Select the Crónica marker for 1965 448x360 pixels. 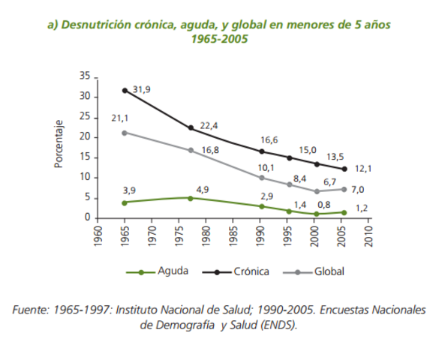pyautogui.click(x=125, y=90)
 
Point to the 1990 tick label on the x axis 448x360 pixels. pyautogui.click(x=260, y=235)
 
